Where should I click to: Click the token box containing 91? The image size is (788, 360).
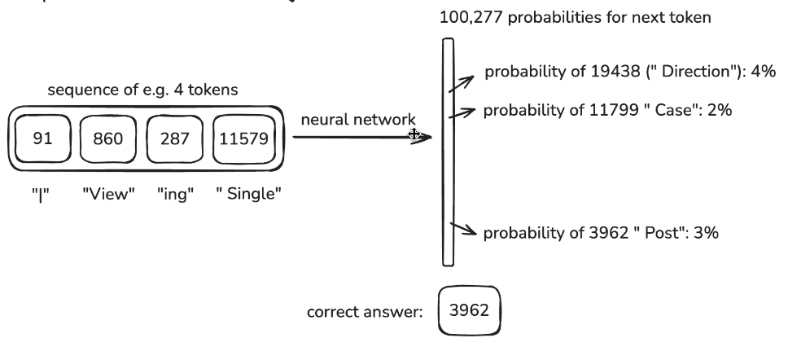point(42,138)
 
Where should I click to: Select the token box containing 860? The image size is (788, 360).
point(108,139)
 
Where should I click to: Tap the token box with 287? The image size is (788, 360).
point(175,139)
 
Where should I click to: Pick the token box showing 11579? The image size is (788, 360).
point(244,139)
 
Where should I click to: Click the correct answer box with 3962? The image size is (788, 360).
point(470,311)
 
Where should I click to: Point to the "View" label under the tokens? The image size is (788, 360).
point(108,194)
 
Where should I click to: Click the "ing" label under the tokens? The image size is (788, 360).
point(175,194)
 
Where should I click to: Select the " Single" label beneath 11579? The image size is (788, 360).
point(248,194)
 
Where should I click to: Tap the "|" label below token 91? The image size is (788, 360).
point(41,194)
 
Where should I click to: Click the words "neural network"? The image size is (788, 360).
point(358,120)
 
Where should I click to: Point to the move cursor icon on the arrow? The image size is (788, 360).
point(414,134)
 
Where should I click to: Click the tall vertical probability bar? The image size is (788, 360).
point(449,151)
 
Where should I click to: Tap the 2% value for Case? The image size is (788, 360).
point(719,110)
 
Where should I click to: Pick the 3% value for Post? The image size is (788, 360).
point(706,233)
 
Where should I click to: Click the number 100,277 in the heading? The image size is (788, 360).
point(472,18)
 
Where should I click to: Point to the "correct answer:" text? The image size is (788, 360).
point(365,312)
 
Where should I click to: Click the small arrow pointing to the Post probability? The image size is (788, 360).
point(463,229)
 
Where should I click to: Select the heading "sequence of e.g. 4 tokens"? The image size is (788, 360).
point(142,90)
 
